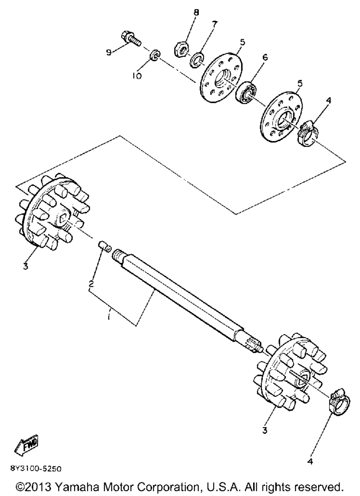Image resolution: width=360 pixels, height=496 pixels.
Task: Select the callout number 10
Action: point(138,76)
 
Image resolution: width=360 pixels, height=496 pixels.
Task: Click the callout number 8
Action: point(196,13)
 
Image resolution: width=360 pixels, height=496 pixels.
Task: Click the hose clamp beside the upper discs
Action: point(308,134)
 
